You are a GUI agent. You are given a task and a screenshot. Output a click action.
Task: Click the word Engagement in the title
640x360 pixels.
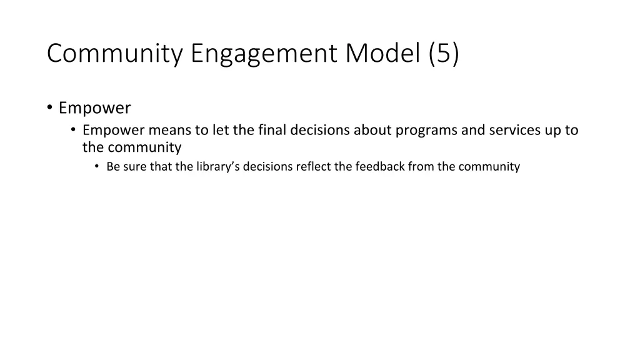coord(264,54)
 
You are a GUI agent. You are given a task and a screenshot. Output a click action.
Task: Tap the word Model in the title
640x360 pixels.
coord(382,54)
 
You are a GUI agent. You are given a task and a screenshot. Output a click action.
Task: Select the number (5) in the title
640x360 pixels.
coord(444,54)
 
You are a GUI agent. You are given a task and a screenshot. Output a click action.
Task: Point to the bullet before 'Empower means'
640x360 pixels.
coord(73,130)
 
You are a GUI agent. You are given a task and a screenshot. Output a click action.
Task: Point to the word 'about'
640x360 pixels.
coord(372,130)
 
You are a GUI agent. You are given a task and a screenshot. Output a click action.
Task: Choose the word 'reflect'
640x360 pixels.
coord(312,166)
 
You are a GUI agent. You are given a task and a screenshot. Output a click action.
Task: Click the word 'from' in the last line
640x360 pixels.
coord(421,166)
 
